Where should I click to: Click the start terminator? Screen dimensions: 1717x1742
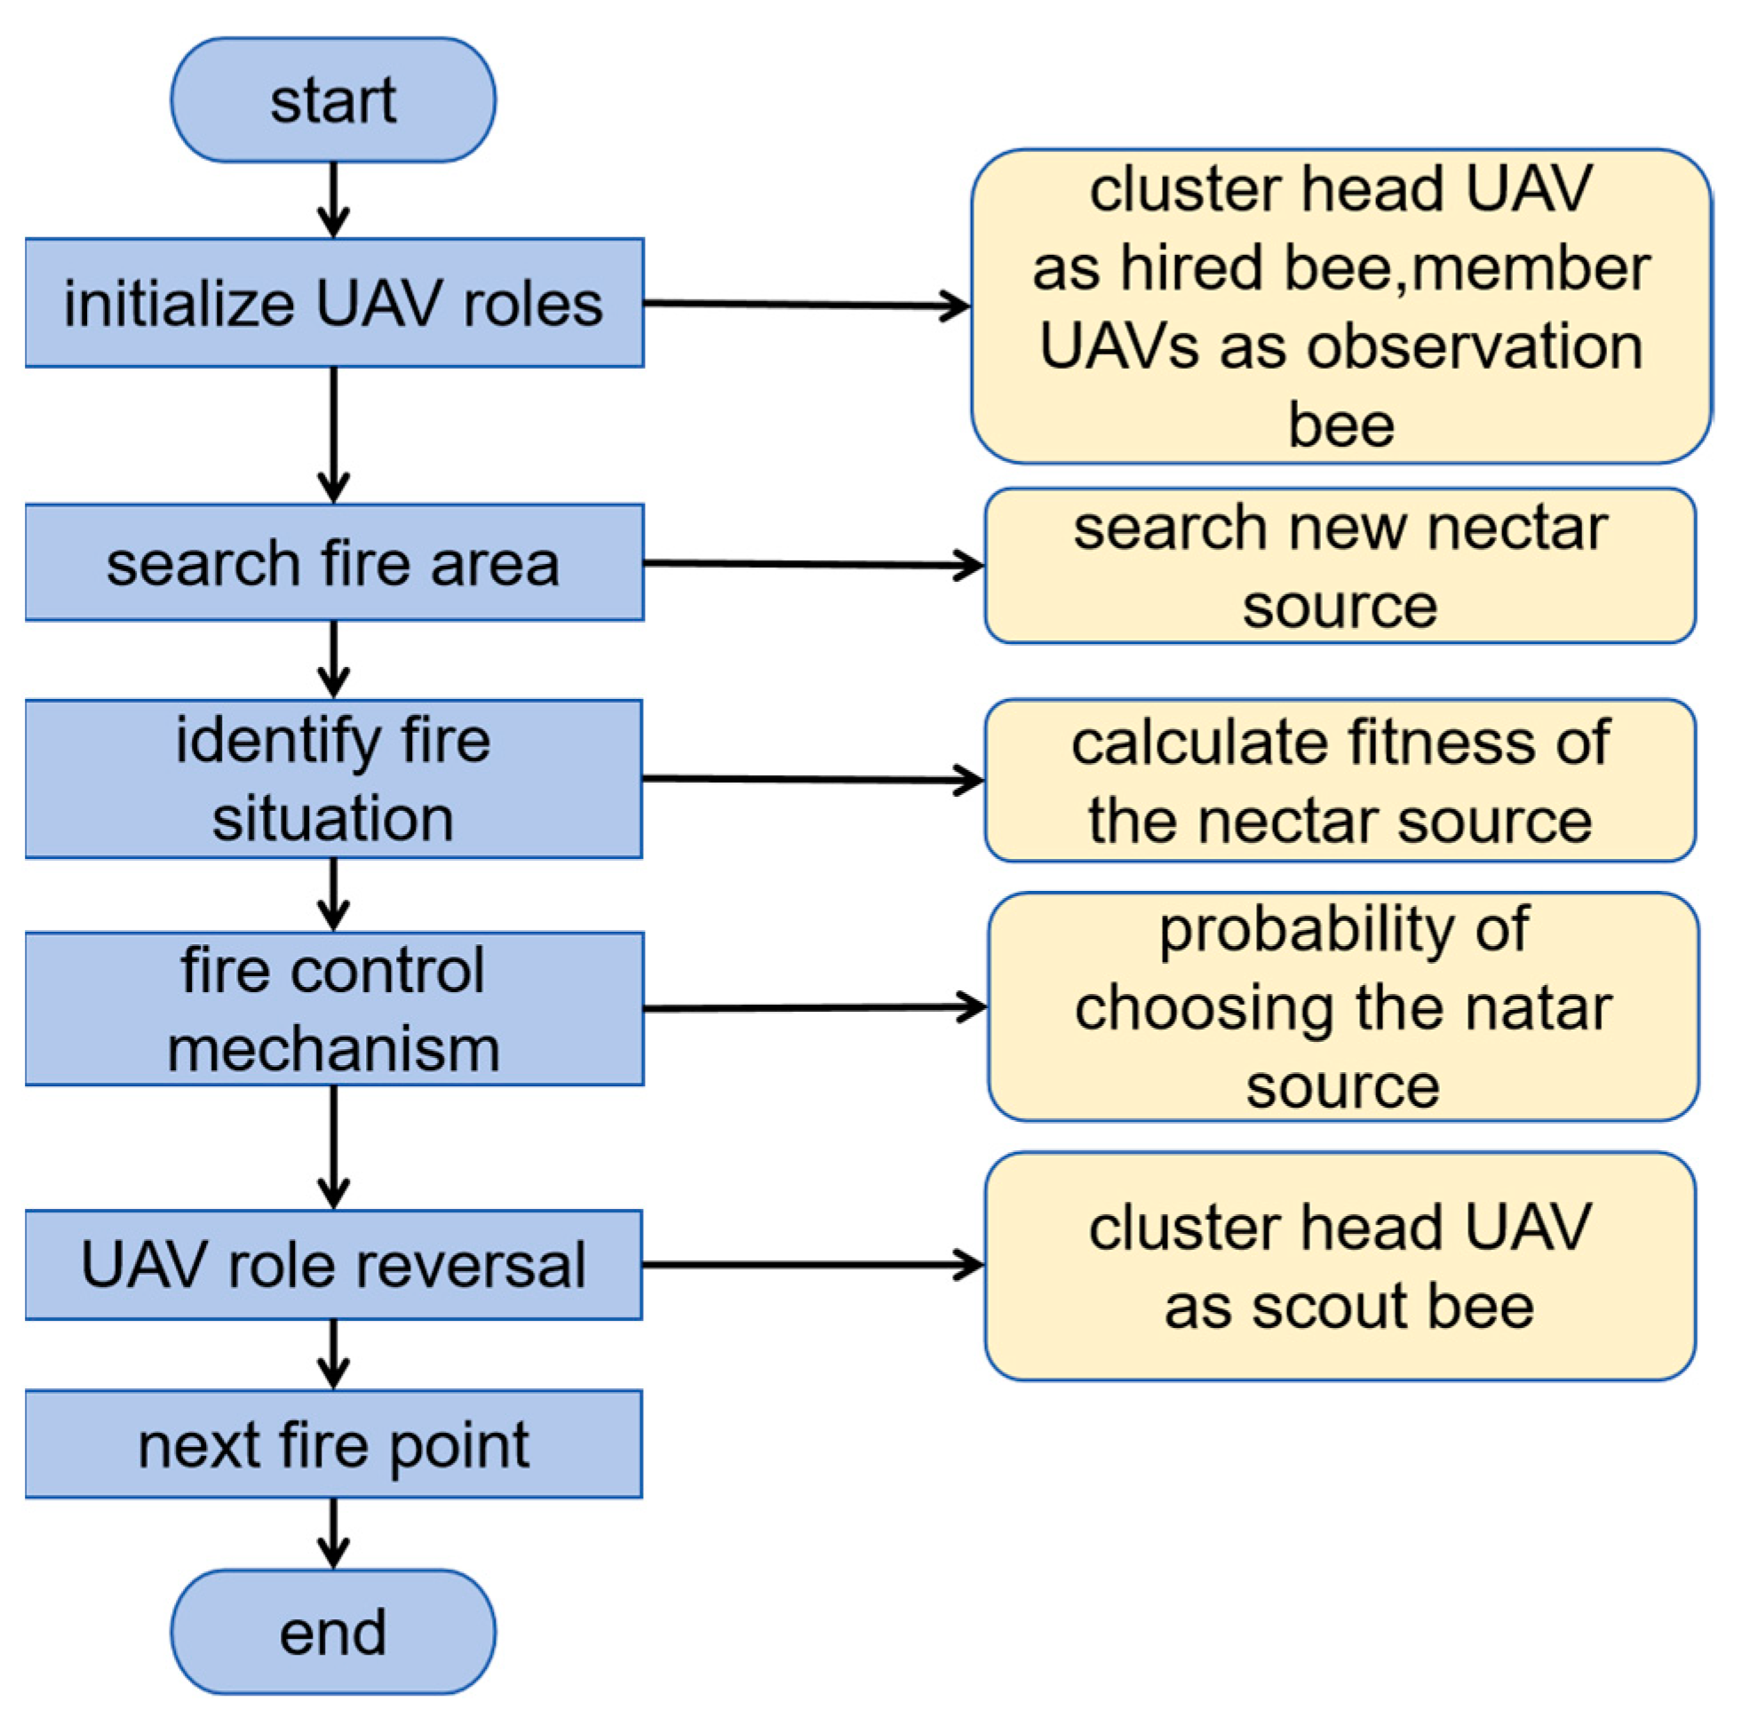tap(333, 100)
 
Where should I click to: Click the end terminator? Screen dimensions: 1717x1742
tap(333, 1632)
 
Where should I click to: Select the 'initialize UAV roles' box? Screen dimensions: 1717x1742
tap(334, 303)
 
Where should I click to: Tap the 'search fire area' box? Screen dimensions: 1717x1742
tap(334, 563)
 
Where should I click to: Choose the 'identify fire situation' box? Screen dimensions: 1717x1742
tap(334, 778)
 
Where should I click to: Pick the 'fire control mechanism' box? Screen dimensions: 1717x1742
tap(334, 1008)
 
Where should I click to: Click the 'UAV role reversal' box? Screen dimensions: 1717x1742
tap(334, 1264)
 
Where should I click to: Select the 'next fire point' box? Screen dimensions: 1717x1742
tap(334, 1444)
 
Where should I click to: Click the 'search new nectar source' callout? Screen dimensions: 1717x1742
tap(1340, 566)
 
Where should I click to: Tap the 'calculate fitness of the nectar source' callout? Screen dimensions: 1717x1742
tap(1340, 780)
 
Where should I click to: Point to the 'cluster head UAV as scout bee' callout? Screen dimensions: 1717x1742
tap(1340, 1266)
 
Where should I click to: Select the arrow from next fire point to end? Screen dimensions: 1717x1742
tap(334, 1533)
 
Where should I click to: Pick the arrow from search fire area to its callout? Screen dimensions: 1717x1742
tap(812, 565)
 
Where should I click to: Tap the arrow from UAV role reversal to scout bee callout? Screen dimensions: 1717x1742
tap(812, 1264)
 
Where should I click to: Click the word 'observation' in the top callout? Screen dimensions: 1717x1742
tap(1476, 347)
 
